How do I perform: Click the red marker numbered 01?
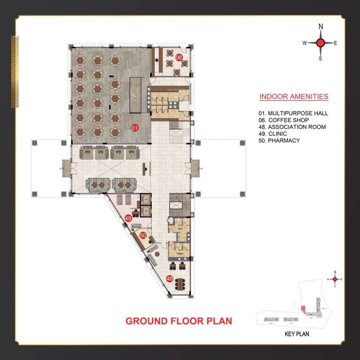coord(134,127)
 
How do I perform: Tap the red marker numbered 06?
coord(179,57)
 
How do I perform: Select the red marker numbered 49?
coord(128,217)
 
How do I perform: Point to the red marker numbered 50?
coord(143,236)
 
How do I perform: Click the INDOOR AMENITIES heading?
coord(293,97)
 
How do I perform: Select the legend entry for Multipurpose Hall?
coord(293,113)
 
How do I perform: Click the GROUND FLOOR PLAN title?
coord(179,321)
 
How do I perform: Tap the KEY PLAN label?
coord(297,335)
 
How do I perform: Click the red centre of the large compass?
coord(321,43)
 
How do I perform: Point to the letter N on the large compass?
coord(321,27)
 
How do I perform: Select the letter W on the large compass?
coord(304,43)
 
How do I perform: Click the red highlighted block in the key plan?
coord(303,309)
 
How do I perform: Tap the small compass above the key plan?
coord(335,279)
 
